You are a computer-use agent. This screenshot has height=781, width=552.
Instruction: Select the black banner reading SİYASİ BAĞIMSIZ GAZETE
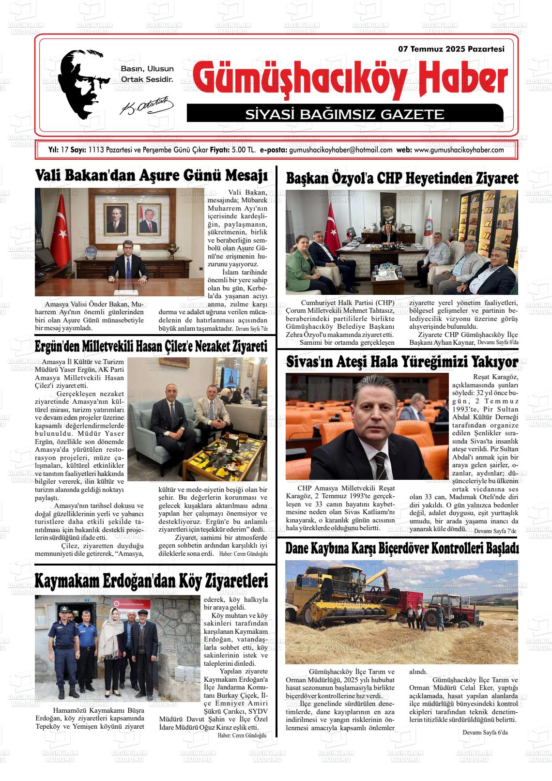point(345,114)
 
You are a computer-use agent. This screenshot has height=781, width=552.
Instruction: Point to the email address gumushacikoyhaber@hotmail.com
point(340,150)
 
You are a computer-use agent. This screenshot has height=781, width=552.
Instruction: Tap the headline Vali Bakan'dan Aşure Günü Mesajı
point(152,175)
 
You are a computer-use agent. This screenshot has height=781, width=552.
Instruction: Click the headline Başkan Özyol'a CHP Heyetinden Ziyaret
point(402,178)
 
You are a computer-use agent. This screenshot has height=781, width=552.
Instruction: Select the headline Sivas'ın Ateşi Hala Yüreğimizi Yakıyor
point(402,362)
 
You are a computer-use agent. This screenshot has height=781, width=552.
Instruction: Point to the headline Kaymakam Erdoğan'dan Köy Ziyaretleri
point(152,580)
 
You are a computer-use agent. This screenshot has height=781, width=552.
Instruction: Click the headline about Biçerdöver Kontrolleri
point(402,548)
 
